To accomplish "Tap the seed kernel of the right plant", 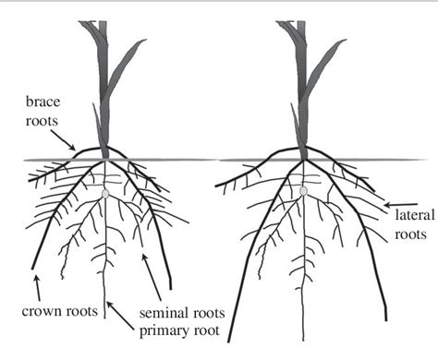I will point(303,191).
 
